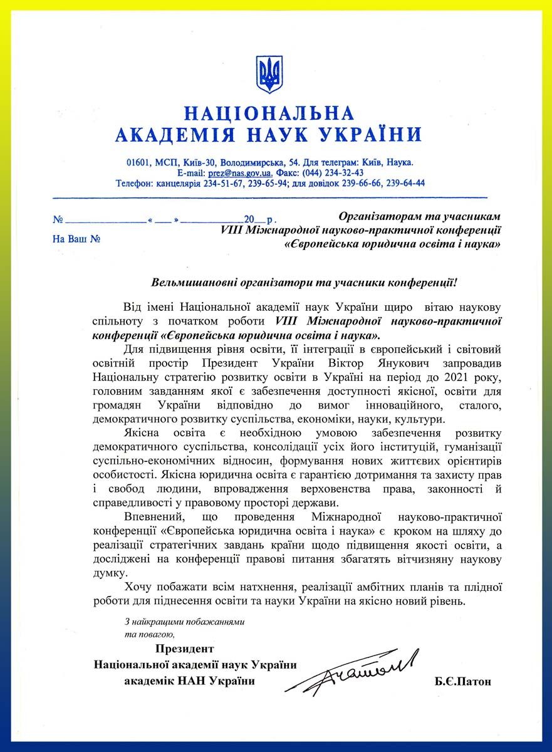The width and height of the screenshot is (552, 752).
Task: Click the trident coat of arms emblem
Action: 269,75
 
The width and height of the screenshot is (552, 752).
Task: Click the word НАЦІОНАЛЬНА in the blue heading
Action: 269,113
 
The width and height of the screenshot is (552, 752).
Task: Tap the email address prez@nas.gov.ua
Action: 240,173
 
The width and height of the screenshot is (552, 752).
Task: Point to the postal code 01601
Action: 138,162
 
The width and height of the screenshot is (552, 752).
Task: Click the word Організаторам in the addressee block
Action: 377,216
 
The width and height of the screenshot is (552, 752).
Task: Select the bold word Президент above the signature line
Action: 185,649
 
